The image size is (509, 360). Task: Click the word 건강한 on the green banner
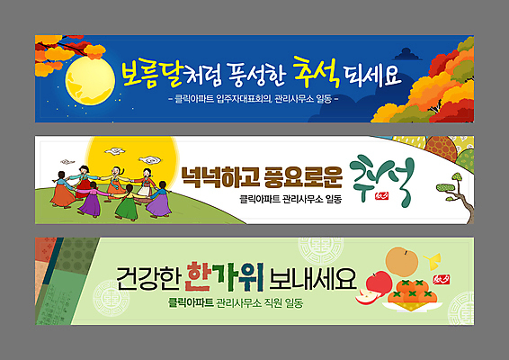(147, 276)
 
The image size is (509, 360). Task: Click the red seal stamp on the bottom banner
(447, 281)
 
